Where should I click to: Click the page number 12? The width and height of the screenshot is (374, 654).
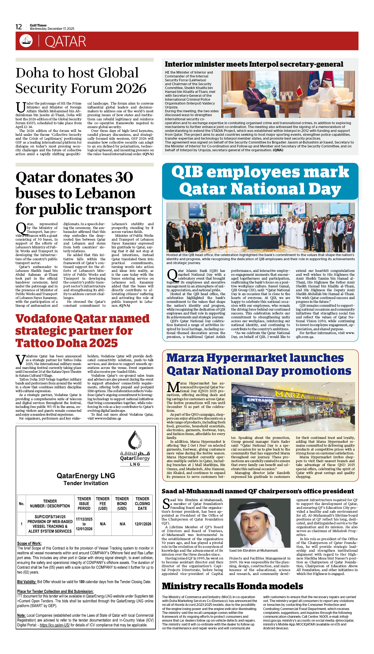click(x=19, y=27)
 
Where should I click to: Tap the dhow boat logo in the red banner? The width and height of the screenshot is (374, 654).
click(x=26, y=41)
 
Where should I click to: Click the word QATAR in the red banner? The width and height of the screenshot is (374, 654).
click(x=65, y=42)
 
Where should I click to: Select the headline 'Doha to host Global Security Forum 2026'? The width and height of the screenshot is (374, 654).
click(x=81, y=80)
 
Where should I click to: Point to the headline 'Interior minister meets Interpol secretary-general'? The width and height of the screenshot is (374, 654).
click(x=254, y=64)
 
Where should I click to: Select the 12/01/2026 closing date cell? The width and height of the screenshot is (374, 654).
click(x=143, y=524)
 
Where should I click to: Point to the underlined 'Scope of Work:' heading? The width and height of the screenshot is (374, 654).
click(x=29, y=543)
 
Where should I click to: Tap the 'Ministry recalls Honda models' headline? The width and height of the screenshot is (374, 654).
click(x=233, y=586)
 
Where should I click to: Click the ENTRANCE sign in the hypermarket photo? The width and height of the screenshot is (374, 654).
click(x=260, y=400)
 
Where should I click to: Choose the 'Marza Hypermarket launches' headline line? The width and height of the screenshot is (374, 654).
click(x=255, y=358)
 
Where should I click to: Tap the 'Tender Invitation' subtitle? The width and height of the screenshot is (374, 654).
click(x=86, y=483)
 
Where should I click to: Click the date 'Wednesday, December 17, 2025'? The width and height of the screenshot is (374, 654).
click(x=52, y=29)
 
